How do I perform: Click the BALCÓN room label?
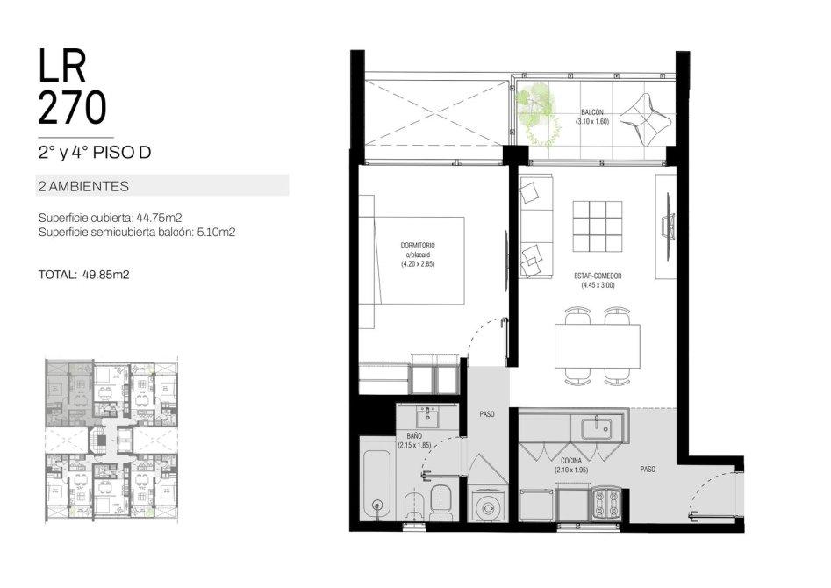pos(592,112)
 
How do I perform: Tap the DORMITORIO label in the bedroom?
pos(418,246)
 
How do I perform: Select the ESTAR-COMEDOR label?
pos(598,276)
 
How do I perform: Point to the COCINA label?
pos(571,461)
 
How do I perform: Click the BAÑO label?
pos(415,435)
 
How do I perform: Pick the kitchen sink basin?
pos(596,428)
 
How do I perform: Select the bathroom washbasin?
pos(427,417)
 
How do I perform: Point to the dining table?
pos(598,346)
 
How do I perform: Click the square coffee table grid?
pos(598,226)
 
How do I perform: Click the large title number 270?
pos(72,108)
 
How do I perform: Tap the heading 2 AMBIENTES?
pos(83,186)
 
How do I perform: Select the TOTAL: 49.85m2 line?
pos(83,275)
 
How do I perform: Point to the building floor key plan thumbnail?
pos(111,440)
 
